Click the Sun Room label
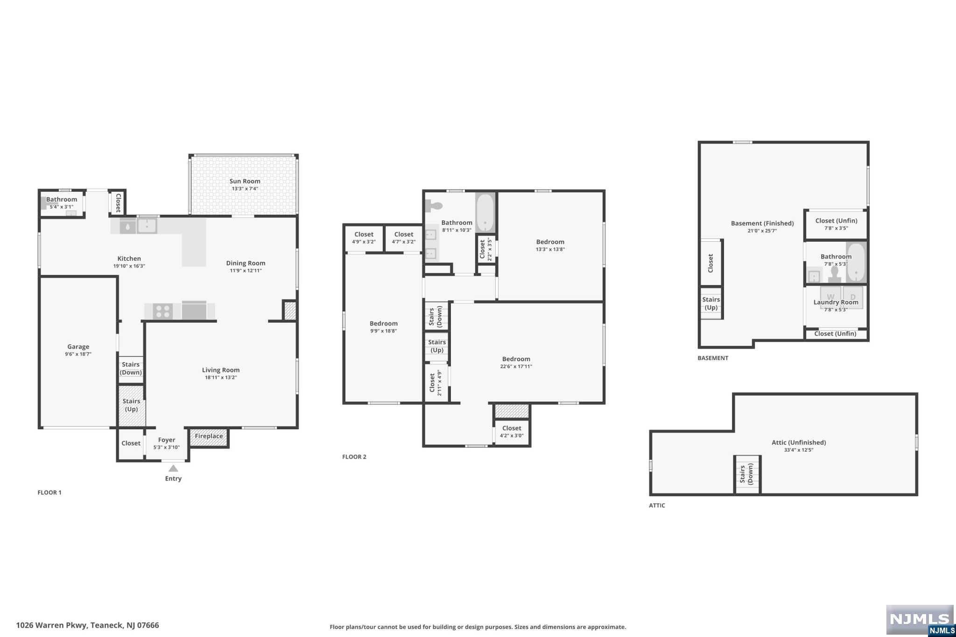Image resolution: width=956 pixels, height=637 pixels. (245, 181)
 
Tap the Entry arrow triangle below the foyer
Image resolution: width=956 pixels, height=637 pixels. (173, 469)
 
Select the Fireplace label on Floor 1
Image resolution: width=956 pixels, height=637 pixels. (209, 436)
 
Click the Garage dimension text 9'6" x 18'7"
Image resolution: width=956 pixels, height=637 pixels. (78, 354)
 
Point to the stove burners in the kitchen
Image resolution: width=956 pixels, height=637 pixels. (163, 311)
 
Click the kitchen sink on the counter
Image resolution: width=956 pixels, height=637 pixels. (147, 226)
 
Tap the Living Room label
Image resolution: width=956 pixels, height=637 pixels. (220, 370)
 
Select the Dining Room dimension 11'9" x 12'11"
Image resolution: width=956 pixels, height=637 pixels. (246, 271)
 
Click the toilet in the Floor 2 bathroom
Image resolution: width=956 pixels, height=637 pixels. (434, 205)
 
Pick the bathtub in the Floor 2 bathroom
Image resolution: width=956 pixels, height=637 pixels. (485, 212)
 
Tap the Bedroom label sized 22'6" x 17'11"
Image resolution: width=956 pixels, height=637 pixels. (516, 359)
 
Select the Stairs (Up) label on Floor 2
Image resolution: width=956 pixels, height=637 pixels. (437, 346)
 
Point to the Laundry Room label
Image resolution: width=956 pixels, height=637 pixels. (836, 302)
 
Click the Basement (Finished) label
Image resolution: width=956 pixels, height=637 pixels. (762, 224)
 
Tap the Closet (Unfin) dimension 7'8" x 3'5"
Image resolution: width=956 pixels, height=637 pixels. (836, 228)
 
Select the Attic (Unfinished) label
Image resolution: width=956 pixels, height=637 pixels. (798, 442)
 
